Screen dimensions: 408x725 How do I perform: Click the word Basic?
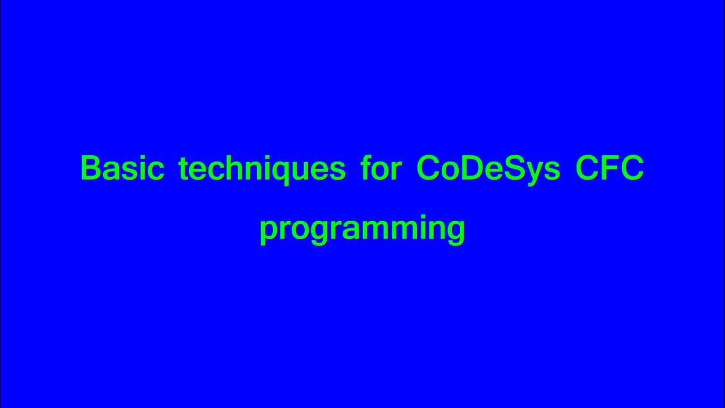[122, 168]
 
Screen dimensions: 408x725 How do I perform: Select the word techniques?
[262, 168]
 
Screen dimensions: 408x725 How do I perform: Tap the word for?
[381, 168]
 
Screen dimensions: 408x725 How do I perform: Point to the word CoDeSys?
[488, 168]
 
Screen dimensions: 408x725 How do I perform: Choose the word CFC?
[609, 168]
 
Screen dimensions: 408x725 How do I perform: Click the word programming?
[362, 228]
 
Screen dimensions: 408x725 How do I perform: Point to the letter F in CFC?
[611, 168]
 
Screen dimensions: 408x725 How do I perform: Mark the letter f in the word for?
[366, 168]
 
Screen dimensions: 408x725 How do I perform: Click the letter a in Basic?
[113, 171]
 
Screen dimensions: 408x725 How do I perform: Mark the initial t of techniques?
[184, 168]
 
